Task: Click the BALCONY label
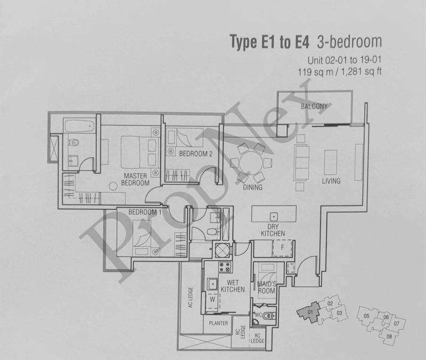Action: click(314, 106)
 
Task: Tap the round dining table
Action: click(251, 163)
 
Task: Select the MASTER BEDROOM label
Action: click(135, 179)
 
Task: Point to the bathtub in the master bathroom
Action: click(79, 126)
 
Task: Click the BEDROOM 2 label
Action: click(195, 154)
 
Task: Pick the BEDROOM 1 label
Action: click(145, 212)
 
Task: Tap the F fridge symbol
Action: click(283, 248)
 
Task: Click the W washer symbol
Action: click(212, 300)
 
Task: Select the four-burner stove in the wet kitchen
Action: click(225, 267)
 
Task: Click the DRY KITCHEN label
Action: click(273, 230)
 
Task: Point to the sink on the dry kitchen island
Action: click(274, 217)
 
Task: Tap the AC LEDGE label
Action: click(191, 297)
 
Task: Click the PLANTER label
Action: click(218, 323)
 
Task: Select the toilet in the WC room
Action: click(270, 316)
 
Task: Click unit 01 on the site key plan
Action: click(310, 312)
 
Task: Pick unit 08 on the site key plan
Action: click(389, 337)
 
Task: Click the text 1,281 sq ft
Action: click(360, 72)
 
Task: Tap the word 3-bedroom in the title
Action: click(349, 42)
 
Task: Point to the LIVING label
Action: click(331, 181)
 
